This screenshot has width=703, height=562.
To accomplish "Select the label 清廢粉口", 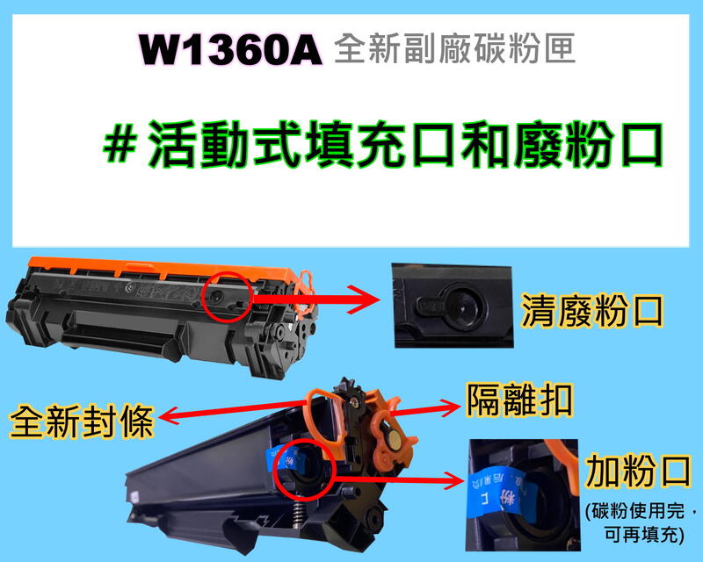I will pos(591,313).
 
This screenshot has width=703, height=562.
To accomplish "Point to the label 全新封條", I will pos(82,422).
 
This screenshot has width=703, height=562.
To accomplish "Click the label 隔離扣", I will pos(519,402).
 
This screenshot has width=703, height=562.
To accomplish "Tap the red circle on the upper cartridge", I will pos(227,299).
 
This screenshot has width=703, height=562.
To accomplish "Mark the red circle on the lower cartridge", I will pos(302,462).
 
